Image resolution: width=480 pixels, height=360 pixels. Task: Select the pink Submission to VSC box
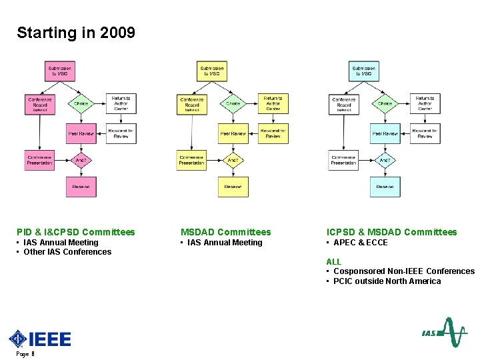pyautogui.click(x=60, y=71)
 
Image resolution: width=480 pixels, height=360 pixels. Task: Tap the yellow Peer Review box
pyautogui.click(x=234, y=133)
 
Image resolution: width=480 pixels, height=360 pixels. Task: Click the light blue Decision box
pyautogui.click(x=385, y=187)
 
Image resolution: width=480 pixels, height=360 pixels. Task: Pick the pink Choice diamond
pyautogui.click(x=81, y=103)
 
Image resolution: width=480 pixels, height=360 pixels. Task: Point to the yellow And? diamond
pyautogui.click(x=233, y=161)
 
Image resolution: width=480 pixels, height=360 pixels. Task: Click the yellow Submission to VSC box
pyautogui.click(x=212, y=71)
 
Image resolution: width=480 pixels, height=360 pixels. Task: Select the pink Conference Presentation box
pyautogui.click(x=40, y=161)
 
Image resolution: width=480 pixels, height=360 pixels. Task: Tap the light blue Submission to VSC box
pyautogui.click(x=364, y=71)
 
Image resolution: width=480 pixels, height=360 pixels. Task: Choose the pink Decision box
pyautogui.click(x=81, y=187)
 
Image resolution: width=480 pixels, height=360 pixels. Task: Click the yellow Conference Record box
pyautogui.click(x=192, y=103)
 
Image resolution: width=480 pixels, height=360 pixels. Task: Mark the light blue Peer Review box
pyautogui.click(x=385, y=133)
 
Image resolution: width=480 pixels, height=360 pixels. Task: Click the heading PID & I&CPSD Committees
pyautogui.click(x=76, y=232)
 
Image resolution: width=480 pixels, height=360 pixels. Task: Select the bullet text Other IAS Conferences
pyautogui.click(x=67, y=252)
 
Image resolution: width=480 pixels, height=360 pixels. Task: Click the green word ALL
pyautogui.click(x=333, y=261)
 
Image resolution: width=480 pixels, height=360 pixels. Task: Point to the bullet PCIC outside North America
pyautogui.click(x=387, y=281)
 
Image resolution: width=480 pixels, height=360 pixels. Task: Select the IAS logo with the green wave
pyautogui.click(x=444, y=333)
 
